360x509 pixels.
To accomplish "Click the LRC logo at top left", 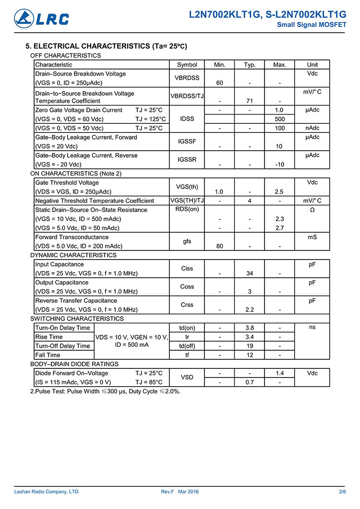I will coord(42,19).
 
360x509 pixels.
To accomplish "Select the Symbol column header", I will coord(187,65).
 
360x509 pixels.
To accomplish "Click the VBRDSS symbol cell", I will coord(187,78).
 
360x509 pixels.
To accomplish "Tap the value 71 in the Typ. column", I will coord(250,101).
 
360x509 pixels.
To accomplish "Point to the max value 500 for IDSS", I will coord(279,119).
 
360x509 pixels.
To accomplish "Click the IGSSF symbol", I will coord(187,142).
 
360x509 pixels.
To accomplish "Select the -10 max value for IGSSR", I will coord(279,165).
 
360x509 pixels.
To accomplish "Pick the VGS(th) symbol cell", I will coord(187,187).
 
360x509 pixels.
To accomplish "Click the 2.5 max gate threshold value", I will coord(279,192).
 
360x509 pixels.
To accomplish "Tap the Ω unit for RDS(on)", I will coord(312,210).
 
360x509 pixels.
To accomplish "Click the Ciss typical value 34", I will coord(250,273).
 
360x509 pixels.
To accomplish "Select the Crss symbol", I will coord(187,305).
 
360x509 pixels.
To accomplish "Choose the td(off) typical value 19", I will coord(250,346).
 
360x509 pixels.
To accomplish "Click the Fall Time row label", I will coord(48,355).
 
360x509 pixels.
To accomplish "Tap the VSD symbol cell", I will coord(187,378).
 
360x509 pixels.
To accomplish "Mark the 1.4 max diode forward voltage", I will coord(279,373).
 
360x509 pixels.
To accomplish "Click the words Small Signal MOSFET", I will coord(312,25).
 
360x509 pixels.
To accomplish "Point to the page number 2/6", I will coord(342,492).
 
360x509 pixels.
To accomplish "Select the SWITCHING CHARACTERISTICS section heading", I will coord(77,319).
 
